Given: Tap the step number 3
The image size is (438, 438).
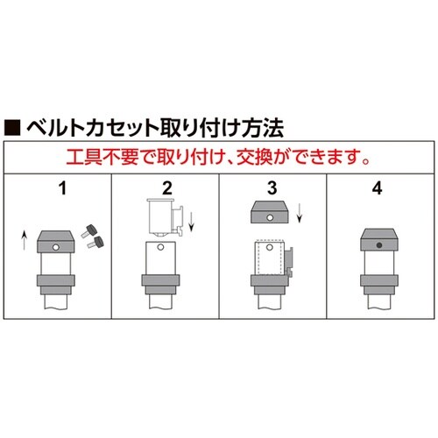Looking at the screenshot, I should click(272, 187).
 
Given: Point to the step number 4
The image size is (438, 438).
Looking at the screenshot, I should click(379, 187).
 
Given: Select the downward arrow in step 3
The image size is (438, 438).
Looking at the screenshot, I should click(301, 213).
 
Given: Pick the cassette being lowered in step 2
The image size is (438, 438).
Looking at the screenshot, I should click(159, 215).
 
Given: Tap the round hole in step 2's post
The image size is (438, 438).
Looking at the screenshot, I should click(162, 253).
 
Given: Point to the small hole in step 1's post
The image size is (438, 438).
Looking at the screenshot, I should click(55, 250).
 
